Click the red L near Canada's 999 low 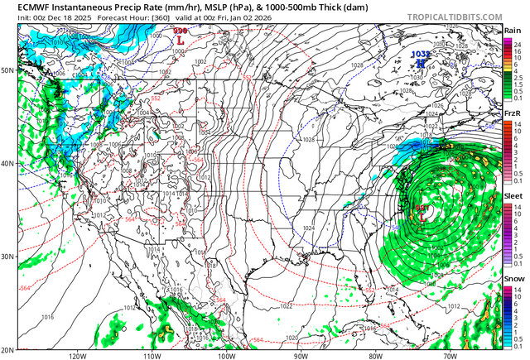pos(181,39)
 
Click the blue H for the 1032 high pos(421,62)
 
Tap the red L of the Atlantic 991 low pos(422,216)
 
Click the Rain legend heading pos(513,30)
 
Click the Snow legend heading pos(513,281)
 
